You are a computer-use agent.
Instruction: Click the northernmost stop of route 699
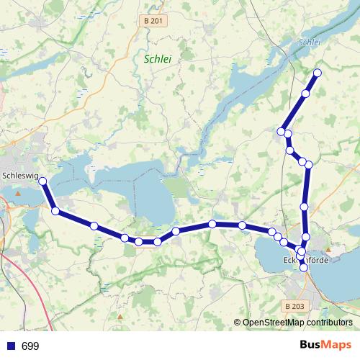click(317, 73)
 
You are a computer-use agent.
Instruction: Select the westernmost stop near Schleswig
click(42, 181)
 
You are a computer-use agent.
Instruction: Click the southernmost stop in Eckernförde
click(303, 268)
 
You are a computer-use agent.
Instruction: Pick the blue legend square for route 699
click(11, 346)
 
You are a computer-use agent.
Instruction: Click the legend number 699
click(30, 346)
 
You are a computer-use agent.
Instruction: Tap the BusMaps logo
click(325, 345)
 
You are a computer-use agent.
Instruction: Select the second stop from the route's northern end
click(305, 94)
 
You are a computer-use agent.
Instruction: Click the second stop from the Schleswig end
click(55, 210)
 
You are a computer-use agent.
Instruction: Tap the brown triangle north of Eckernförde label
click(328, 249)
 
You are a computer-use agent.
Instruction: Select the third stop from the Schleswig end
click(94, 226)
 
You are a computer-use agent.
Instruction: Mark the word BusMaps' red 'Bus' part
click(313, 345)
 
